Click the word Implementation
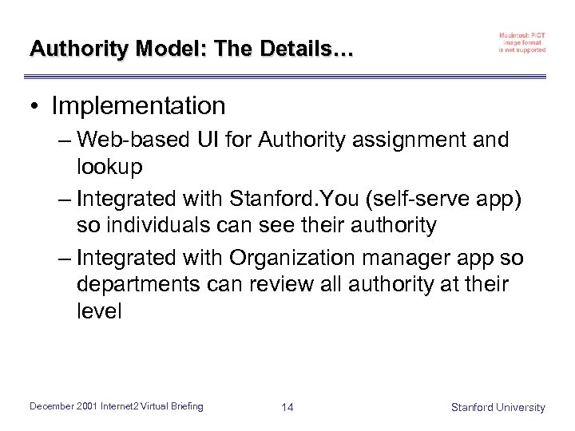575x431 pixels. coord(138,105)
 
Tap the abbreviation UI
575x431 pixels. coord(206,140)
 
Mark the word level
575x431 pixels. coord(99,310)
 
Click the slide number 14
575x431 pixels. coord(287,408)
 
